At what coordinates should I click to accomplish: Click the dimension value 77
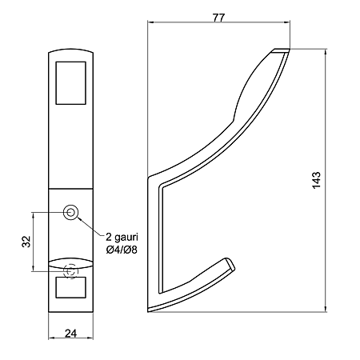(x=218, y=18)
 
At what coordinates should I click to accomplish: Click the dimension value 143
(x=317, y=181)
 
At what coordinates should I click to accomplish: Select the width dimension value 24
(x=70, y=333)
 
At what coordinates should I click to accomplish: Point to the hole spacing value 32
(x=26, y=242)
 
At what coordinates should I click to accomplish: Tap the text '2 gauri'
(x=122, y=237)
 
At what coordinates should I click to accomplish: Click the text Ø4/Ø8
(x=122, y=250)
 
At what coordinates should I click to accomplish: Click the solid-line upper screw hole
(x=70, y=213)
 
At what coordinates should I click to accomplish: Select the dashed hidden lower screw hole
(x=70, y=271)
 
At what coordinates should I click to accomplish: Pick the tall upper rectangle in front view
(x=70, y=83)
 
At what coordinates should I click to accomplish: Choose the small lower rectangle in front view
(x=70, y=287)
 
